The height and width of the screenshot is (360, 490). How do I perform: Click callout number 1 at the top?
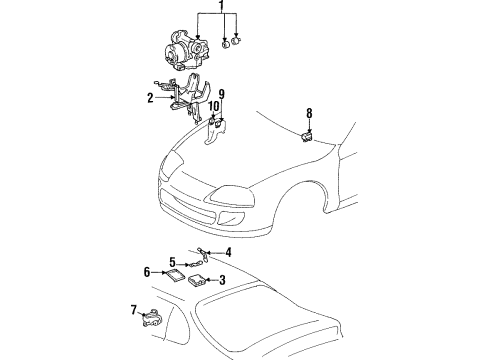click(222, 6)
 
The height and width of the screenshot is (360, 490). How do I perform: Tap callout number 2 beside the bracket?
click(150, 98)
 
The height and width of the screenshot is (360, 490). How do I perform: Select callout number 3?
click(222, 280)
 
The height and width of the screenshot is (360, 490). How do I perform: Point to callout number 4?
click(228, 252)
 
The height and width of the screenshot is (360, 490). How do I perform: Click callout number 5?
click(172, 262)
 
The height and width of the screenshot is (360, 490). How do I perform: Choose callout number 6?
click(147, 272)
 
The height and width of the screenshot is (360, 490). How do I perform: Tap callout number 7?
click(134, 310)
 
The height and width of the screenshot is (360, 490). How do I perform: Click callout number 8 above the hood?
click(309, 113)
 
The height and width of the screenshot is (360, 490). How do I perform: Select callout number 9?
click(222, 94)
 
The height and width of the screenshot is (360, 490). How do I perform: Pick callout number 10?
click(214, 106)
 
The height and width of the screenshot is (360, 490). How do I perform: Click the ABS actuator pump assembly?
click(186, 51)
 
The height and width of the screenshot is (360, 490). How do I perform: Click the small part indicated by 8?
click(307, 137)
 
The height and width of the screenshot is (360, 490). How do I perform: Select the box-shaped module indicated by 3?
click(197, 280)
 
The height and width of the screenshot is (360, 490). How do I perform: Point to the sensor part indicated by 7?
click(151, 318)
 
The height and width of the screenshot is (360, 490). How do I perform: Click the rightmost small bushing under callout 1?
click(236, 41)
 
